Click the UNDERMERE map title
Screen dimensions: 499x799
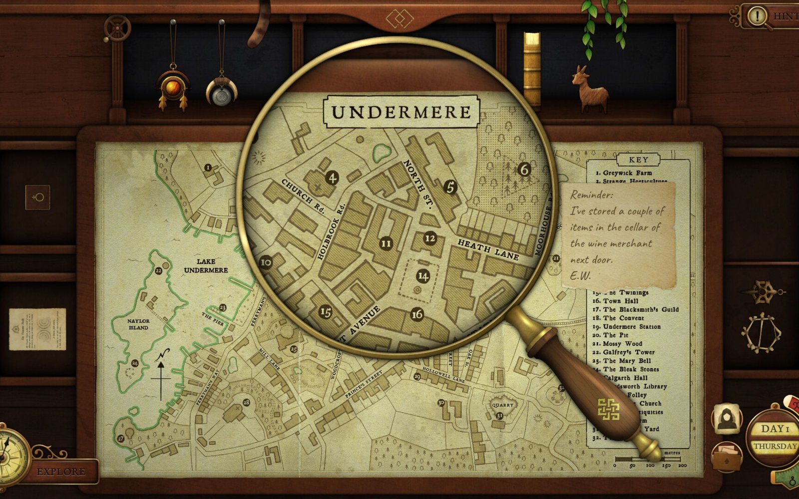point(401,112)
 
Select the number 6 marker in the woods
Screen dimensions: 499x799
point(524,170)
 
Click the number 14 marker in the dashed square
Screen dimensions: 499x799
point(423,276)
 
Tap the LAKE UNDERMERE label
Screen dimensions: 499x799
point(206,265)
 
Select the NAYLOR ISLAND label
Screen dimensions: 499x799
point(138,324)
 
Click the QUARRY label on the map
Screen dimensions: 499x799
point(502,405)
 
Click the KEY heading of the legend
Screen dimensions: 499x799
point(638,160)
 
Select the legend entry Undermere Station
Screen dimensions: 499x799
point(631,327)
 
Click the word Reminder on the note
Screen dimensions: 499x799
point(591,195)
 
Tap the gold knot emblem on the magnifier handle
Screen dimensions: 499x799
point(609,409)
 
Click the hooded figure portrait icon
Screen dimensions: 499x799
point(727,418)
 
